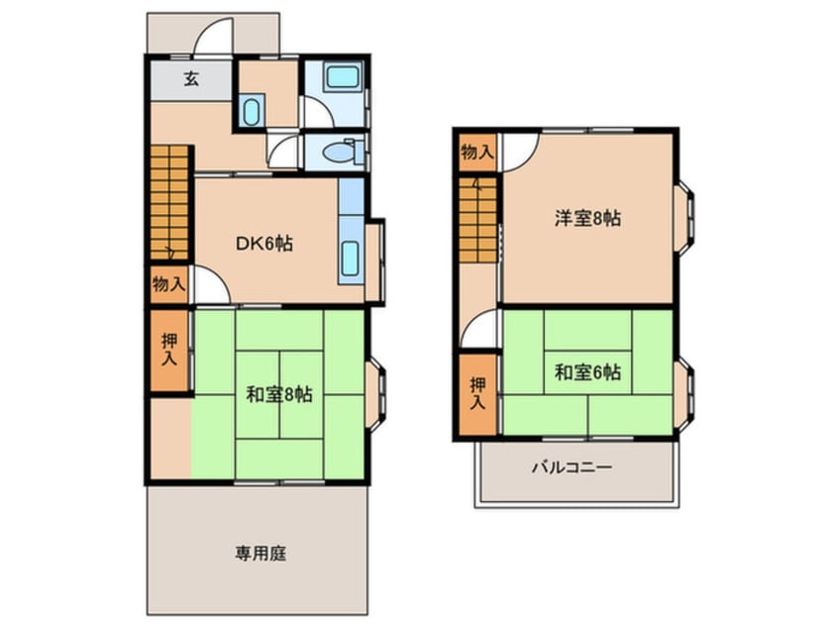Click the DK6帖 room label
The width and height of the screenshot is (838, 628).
262,242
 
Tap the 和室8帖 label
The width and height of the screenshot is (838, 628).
279,394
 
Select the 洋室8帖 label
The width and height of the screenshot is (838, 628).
587,219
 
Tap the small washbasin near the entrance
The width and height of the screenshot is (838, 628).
251,111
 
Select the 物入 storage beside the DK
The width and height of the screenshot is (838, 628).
168,284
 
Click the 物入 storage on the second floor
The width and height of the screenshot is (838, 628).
476,152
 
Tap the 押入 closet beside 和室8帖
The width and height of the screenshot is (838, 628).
169,353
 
